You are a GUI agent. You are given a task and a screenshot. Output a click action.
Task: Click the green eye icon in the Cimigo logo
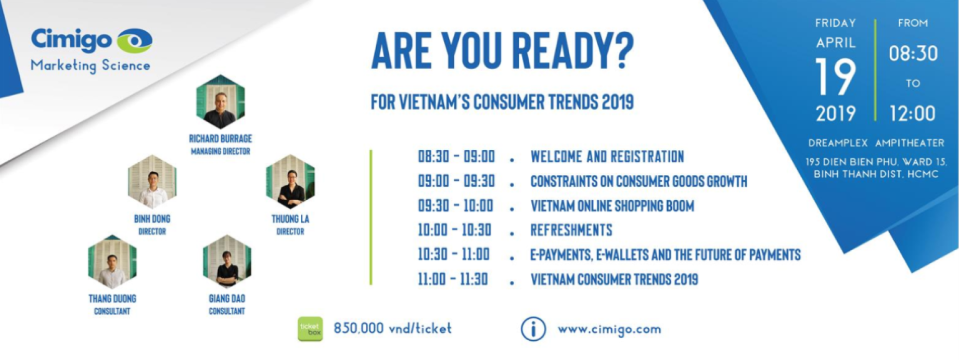[x=135, y=41]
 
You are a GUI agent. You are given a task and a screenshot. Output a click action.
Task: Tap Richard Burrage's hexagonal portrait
[x=220, y=101]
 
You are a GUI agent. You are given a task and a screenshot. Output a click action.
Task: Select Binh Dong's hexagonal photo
[x=152, y=182]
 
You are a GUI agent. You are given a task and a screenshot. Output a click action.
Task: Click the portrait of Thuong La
[x=290, y=182]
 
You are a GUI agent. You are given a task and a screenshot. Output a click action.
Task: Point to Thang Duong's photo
[x=112, y=262]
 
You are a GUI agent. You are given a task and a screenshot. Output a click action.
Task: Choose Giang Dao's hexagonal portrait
[x=227, y=262]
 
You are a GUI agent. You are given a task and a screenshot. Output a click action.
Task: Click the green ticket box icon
[x=310, y=329]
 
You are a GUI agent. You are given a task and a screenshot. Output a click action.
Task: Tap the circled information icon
[x=533, y=329]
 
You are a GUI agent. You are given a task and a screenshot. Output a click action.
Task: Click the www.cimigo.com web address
[x=609, y=329]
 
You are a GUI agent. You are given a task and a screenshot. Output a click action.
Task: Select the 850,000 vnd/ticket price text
[x=392, y=328]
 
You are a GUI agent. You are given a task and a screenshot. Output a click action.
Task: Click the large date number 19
[x=835, y=77]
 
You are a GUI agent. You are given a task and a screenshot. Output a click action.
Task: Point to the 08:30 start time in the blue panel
[x=913, y=54]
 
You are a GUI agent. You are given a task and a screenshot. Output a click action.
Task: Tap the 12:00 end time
[x=913, y=113]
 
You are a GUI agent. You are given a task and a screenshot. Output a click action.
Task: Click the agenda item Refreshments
[x=571, y=230]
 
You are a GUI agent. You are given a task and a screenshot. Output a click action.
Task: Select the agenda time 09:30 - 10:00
[x=455, y=205]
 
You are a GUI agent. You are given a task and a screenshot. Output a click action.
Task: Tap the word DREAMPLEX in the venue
[x=838, y=143]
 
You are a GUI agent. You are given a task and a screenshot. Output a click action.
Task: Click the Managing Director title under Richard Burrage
[x=220, y=151]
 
